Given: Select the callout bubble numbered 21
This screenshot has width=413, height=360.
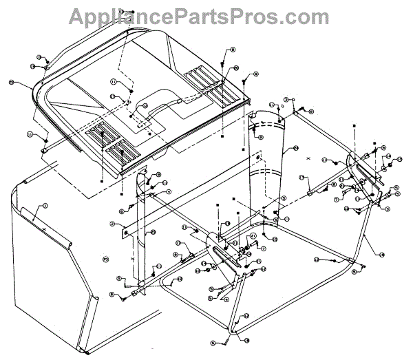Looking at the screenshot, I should [253, 235].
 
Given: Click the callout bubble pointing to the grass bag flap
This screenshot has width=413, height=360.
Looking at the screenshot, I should [45, 205].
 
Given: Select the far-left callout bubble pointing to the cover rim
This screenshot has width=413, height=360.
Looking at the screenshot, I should [12, 83].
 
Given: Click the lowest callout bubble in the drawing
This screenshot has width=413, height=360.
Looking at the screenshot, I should [214, 342].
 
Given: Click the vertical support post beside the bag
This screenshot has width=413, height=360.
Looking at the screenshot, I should [141, 227].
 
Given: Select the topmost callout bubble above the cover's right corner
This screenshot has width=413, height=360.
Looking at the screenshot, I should [233, 50].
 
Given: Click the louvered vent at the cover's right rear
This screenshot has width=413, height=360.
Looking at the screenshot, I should [206, 79].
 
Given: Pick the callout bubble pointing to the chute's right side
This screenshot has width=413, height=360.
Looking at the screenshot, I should [295, 148].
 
